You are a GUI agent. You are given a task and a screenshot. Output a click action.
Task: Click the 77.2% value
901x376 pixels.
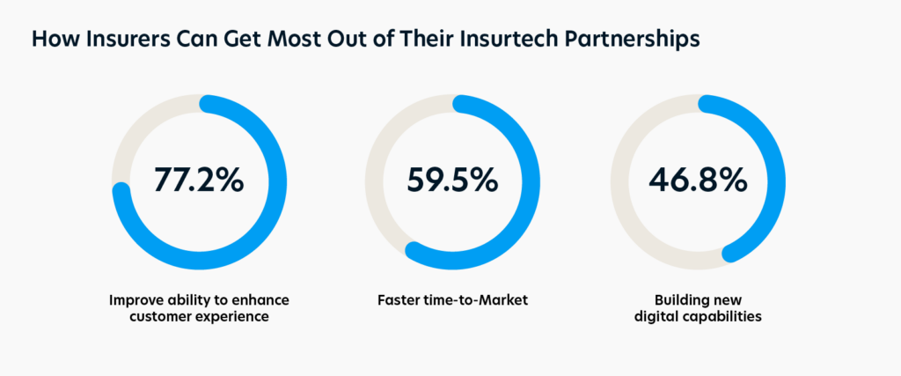pyautogui.click(x=199, y=181)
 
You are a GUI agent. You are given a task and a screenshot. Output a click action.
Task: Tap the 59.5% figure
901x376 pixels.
pyautogui.click(x=452, y=181)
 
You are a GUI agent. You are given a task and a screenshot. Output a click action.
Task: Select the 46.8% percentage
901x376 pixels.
pyautogui.click(x=698, y=181)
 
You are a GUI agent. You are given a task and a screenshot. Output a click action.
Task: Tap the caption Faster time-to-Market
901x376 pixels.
pyautogui.click(x=452, y=300)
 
